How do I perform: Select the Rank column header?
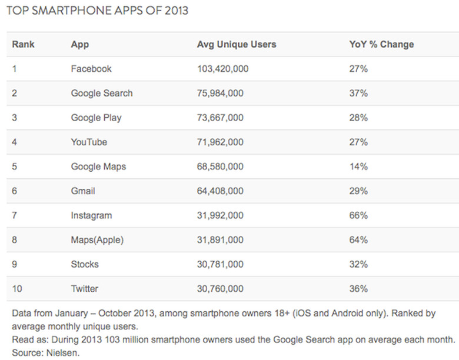tap(22, 44)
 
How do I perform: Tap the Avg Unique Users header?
tap(237, 44)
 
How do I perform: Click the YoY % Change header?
tap(382, 44)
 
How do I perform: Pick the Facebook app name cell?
tap(91, 69)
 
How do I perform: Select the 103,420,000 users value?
tap(223, 69)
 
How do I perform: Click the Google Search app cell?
tap(102, 93)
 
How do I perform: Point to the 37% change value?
tap(358, 93)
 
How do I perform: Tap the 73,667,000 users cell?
tap(221, 118)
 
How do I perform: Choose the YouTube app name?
tap(89, 142)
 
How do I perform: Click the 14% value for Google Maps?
tap(358, 166)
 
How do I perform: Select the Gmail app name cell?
tap(83, 191)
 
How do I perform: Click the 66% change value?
tap(358, 215)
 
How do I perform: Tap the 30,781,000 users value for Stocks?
tap(221, 264)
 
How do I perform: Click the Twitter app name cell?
tap(85, 288)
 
